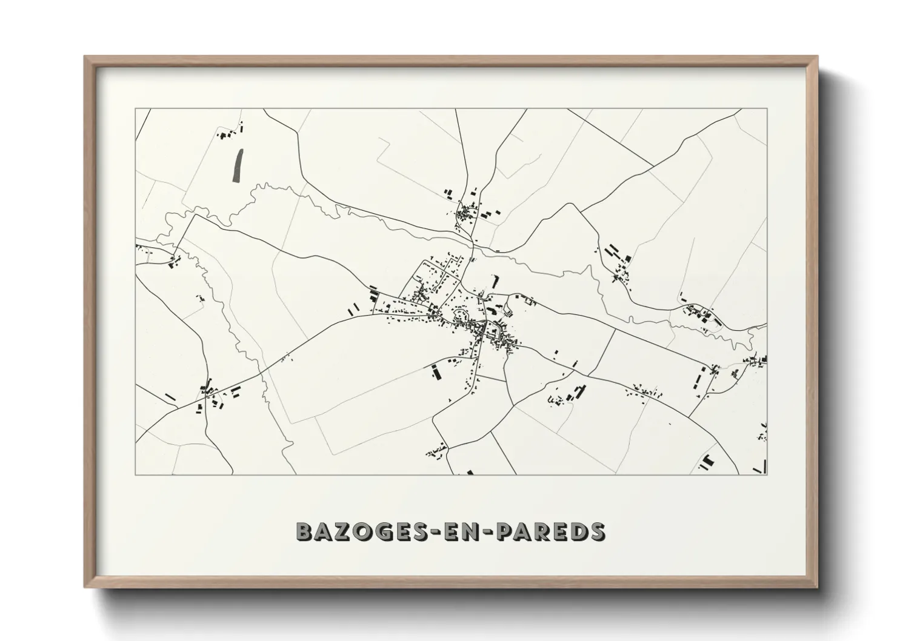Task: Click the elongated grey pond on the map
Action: [x=237, y=165]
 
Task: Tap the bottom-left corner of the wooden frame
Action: [x=85, y=587]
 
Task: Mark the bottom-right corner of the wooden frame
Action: [x=817, y=587]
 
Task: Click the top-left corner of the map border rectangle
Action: [x=136, y=109]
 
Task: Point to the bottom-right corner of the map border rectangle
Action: [x=767, y=474]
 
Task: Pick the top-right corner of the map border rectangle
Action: [x=767, y=109]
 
